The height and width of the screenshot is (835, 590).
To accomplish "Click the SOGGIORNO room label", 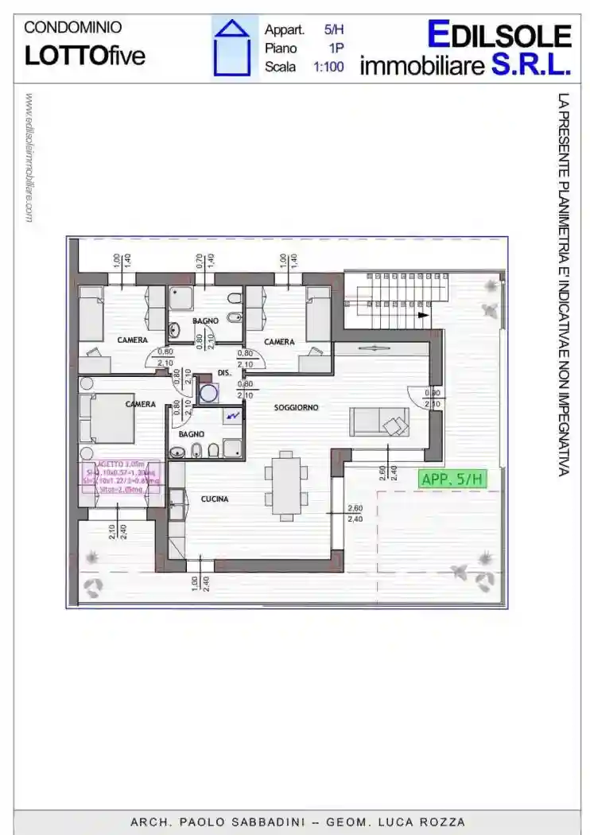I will pos(296,407).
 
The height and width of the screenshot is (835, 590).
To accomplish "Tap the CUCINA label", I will pos(215,499).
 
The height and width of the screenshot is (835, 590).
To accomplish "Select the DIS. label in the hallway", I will pos(224,372).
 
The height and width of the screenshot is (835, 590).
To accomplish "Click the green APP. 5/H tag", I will pos(451,480).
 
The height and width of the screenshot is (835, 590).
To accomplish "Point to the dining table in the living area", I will pos(286,484).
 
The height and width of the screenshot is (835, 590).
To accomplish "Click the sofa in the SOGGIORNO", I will pos(380,421).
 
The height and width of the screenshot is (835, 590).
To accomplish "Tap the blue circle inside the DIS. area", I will pos(209,392).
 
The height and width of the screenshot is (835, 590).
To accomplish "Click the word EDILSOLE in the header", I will pos(499,35).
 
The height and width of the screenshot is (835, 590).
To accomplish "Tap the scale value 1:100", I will pos(328,67).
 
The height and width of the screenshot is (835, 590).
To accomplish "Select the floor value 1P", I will pos(336,49).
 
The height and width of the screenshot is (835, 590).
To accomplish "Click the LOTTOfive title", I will pos(85,56).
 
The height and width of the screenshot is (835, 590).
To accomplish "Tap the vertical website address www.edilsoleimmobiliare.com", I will pos(30,157).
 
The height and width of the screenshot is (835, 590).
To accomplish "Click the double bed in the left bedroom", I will pos(111,417).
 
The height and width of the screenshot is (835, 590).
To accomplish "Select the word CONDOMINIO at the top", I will pos(73,27).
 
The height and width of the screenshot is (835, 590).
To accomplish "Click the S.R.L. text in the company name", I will pos(531,65).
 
